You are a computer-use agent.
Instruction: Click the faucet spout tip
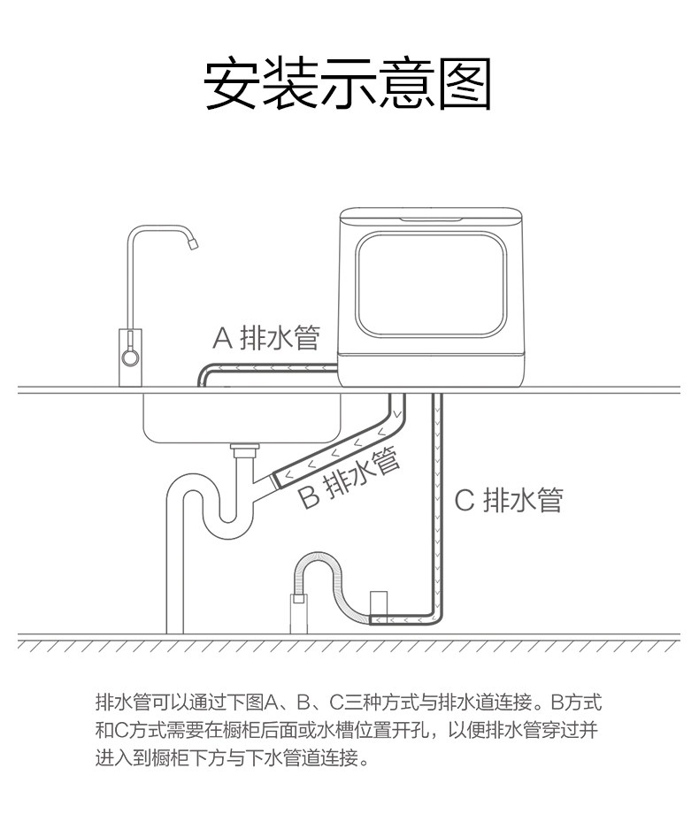click(x=191, y=245)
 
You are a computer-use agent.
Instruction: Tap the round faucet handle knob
click(x=129, y=357)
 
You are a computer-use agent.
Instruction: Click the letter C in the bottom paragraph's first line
click(x=336, y=704)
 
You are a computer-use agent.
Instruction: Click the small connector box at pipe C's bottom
click(x=380, y=603)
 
